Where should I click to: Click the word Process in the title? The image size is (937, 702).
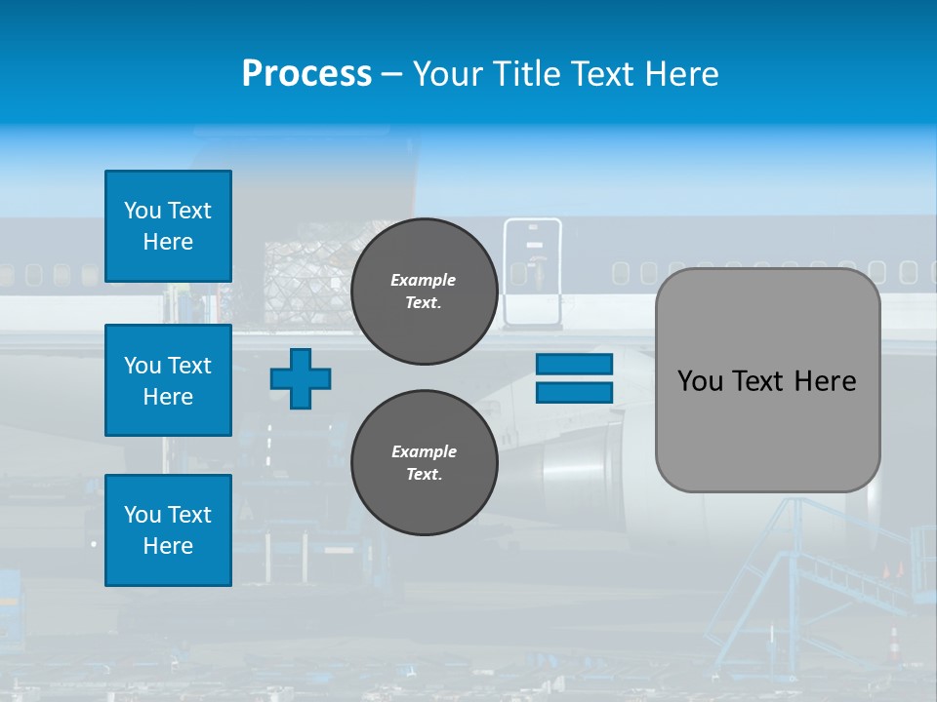tap(306, 74)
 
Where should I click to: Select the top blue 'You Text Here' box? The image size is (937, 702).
tap(168, 226)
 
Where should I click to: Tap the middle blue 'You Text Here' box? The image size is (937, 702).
tap(168, 380)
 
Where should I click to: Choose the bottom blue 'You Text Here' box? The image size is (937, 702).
tap(168, 530)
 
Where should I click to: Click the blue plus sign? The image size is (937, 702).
tap(301, 378)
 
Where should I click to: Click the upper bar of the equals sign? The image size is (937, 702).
tap(574, 364)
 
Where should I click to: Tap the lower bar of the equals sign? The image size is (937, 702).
tap(574, 392)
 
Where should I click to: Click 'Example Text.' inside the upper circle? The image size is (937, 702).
tap(424, 291)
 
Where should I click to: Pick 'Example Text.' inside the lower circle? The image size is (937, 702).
tap(424, 463)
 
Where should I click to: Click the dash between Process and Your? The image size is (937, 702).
tap(391, 75)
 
